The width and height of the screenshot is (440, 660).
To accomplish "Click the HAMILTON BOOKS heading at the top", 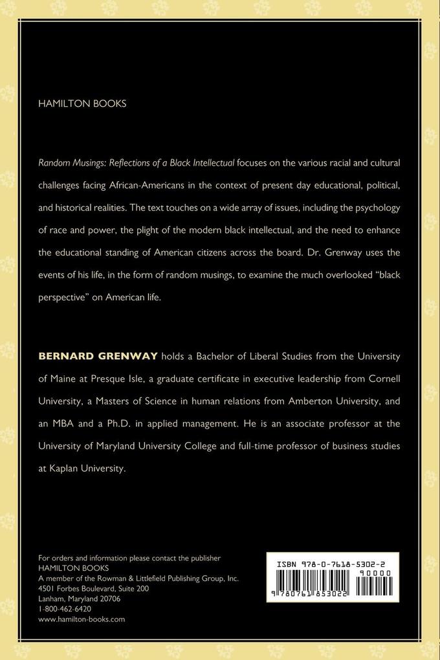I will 82,104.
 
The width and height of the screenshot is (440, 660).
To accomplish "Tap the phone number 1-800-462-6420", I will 65,609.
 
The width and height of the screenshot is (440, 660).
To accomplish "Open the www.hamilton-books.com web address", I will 82,619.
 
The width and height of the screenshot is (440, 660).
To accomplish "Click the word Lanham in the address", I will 52,599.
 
